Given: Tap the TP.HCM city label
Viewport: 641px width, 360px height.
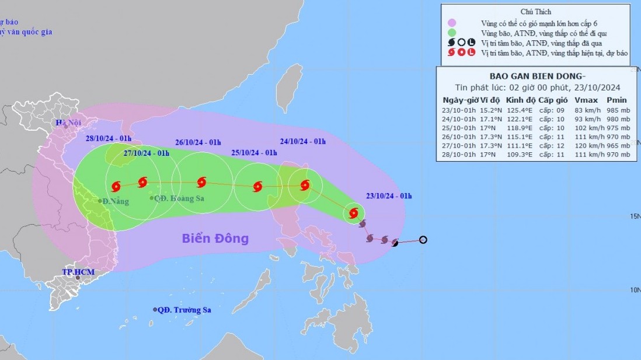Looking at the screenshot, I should (x=78, y=272).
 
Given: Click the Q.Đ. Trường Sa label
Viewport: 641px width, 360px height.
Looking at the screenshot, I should (x=184, y=310).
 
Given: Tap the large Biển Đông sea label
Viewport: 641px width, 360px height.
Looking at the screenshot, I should (x=215, y=238).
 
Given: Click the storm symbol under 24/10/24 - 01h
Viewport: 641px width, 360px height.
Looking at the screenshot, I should (x=305, y=186).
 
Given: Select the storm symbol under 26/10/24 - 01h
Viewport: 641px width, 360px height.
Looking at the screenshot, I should (x=201, y=182).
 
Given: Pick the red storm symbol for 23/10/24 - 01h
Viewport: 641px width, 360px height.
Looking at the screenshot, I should (x=353, y=214).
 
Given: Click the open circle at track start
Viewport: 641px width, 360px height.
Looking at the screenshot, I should (x=423, y=239).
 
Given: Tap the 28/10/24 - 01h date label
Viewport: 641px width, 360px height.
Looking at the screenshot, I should (x=109, y=138).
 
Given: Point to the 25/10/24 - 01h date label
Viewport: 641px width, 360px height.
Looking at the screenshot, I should (x=254, y=153).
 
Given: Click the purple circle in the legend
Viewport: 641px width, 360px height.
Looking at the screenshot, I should (x=452, y=23).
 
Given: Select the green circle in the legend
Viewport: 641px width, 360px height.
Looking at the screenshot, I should (x=452, y=33).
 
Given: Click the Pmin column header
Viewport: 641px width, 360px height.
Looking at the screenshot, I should (x=616, y=100).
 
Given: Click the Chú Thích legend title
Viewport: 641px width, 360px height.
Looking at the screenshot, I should (x=535, y=12).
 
